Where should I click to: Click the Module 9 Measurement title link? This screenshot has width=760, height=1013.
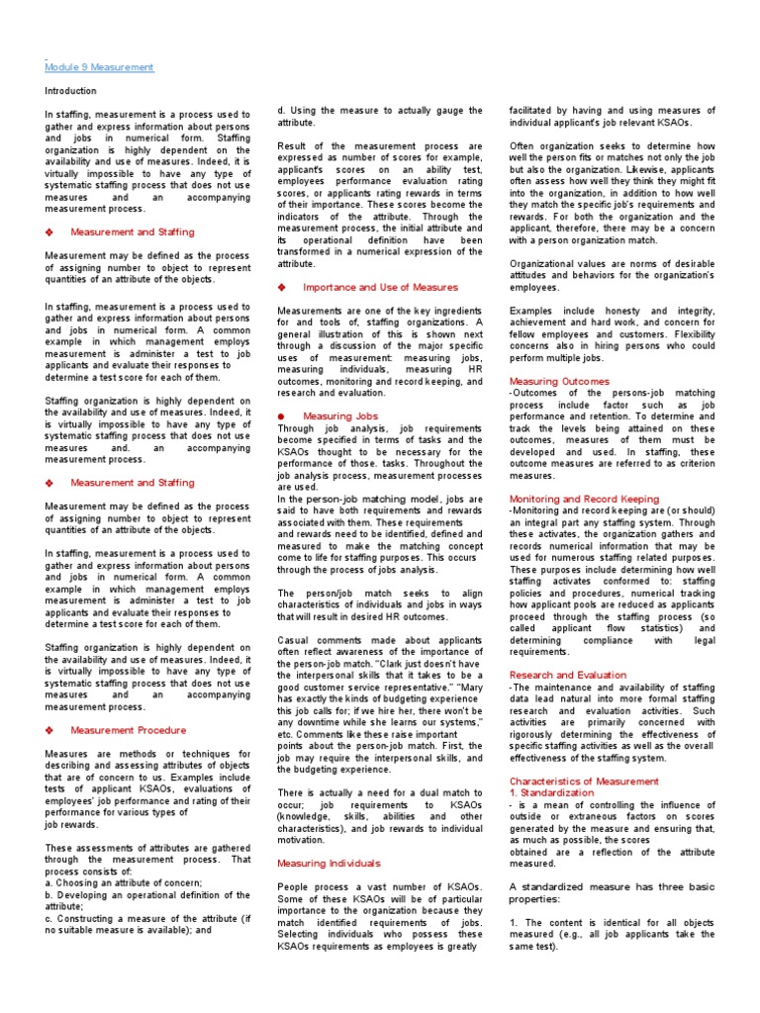99,67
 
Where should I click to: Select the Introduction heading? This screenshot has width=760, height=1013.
70,91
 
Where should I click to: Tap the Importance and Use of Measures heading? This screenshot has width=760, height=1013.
380,287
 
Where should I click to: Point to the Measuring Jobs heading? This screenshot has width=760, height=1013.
340,416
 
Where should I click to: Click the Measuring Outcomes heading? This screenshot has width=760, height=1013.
555,381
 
